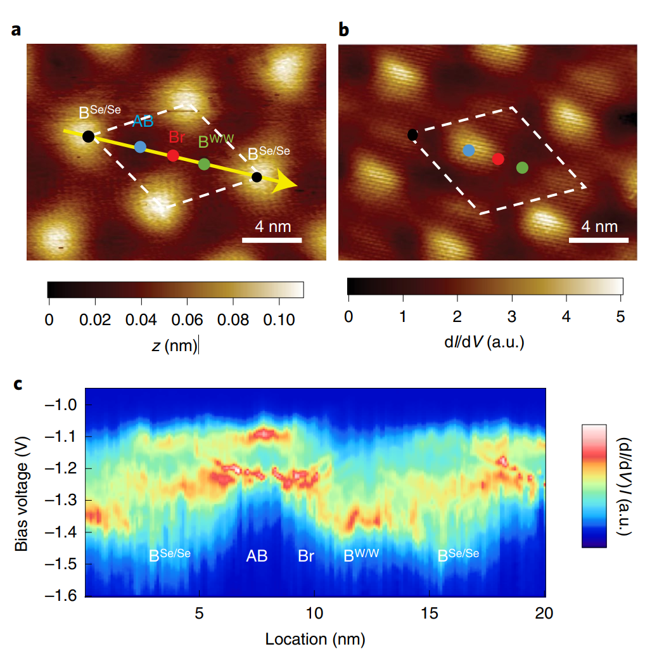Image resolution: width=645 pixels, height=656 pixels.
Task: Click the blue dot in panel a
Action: point(141,147)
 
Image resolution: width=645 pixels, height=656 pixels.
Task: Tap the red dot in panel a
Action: point(173,155)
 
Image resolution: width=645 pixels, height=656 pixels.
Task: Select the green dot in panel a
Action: point(204,164)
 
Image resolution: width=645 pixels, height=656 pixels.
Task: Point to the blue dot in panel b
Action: point(469,150)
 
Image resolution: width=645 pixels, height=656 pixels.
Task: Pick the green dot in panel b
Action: point(522,167)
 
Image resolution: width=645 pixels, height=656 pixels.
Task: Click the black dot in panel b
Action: point(412,134)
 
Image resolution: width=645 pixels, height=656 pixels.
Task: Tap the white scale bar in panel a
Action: point(272,240)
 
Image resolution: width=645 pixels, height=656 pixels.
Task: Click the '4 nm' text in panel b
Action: point(599,226)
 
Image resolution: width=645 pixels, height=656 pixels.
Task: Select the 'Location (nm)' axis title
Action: point(315,638)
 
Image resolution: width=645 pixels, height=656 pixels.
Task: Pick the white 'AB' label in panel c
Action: point(257,556)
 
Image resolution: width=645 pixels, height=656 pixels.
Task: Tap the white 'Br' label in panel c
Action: point(306,556)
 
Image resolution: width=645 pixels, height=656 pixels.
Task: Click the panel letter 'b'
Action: point(343,30)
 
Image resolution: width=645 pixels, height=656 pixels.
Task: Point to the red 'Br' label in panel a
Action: point(177,138)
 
